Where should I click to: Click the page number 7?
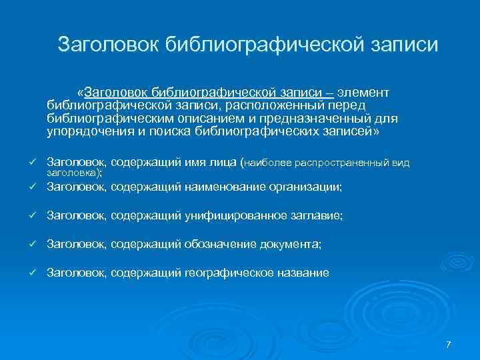click(448, 344)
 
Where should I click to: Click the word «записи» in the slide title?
click(403, 45)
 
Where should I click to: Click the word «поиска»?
click(169, 131)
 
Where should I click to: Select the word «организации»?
click(304, 188)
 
